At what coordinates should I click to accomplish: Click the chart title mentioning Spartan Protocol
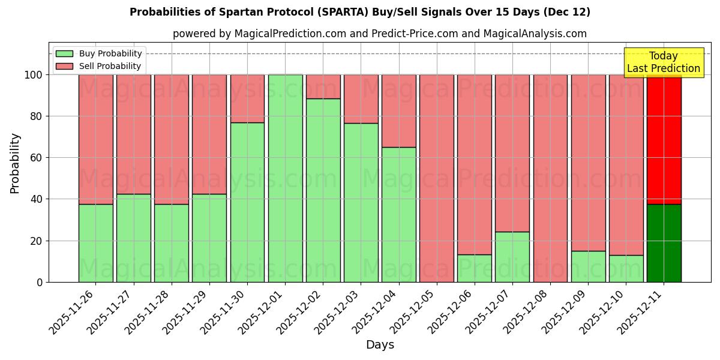(x=359, y=12)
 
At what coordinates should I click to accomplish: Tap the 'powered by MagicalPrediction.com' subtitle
(x=379, y=34)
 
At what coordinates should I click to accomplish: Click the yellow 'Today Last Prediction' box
(x=663, y=62)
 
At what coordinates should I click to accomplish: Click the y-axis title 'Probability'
(x=15, y=163)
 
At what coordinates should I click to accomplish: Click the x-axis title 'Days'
(x=380, y=344)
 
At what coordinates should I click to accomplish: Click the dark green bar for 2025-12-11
(x=664, y=243)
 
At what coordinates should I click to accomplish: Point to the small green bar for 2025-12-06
(x=475, y=268)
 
